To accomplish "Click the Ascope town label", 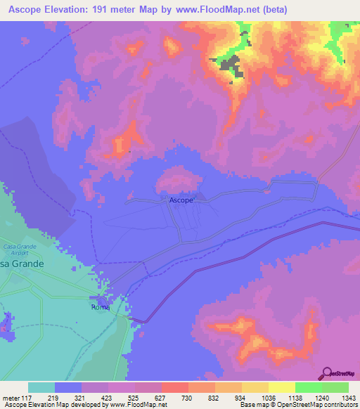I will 181,200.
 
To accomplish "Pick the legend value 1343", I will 340,397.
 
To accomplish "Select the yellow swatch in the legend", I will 281,387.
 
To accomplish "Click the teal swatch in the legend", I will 41,387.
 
